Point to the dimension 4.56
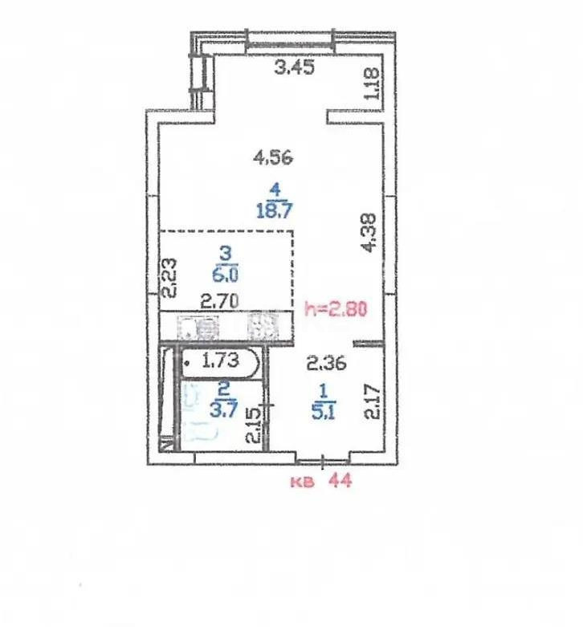pos(273,158)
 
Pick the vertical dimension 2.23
pos(169,278)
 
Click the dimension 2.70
pos(218,303)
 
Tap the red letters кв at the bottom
pos(302,482)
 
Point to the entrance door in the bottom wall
pos(322,461)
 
